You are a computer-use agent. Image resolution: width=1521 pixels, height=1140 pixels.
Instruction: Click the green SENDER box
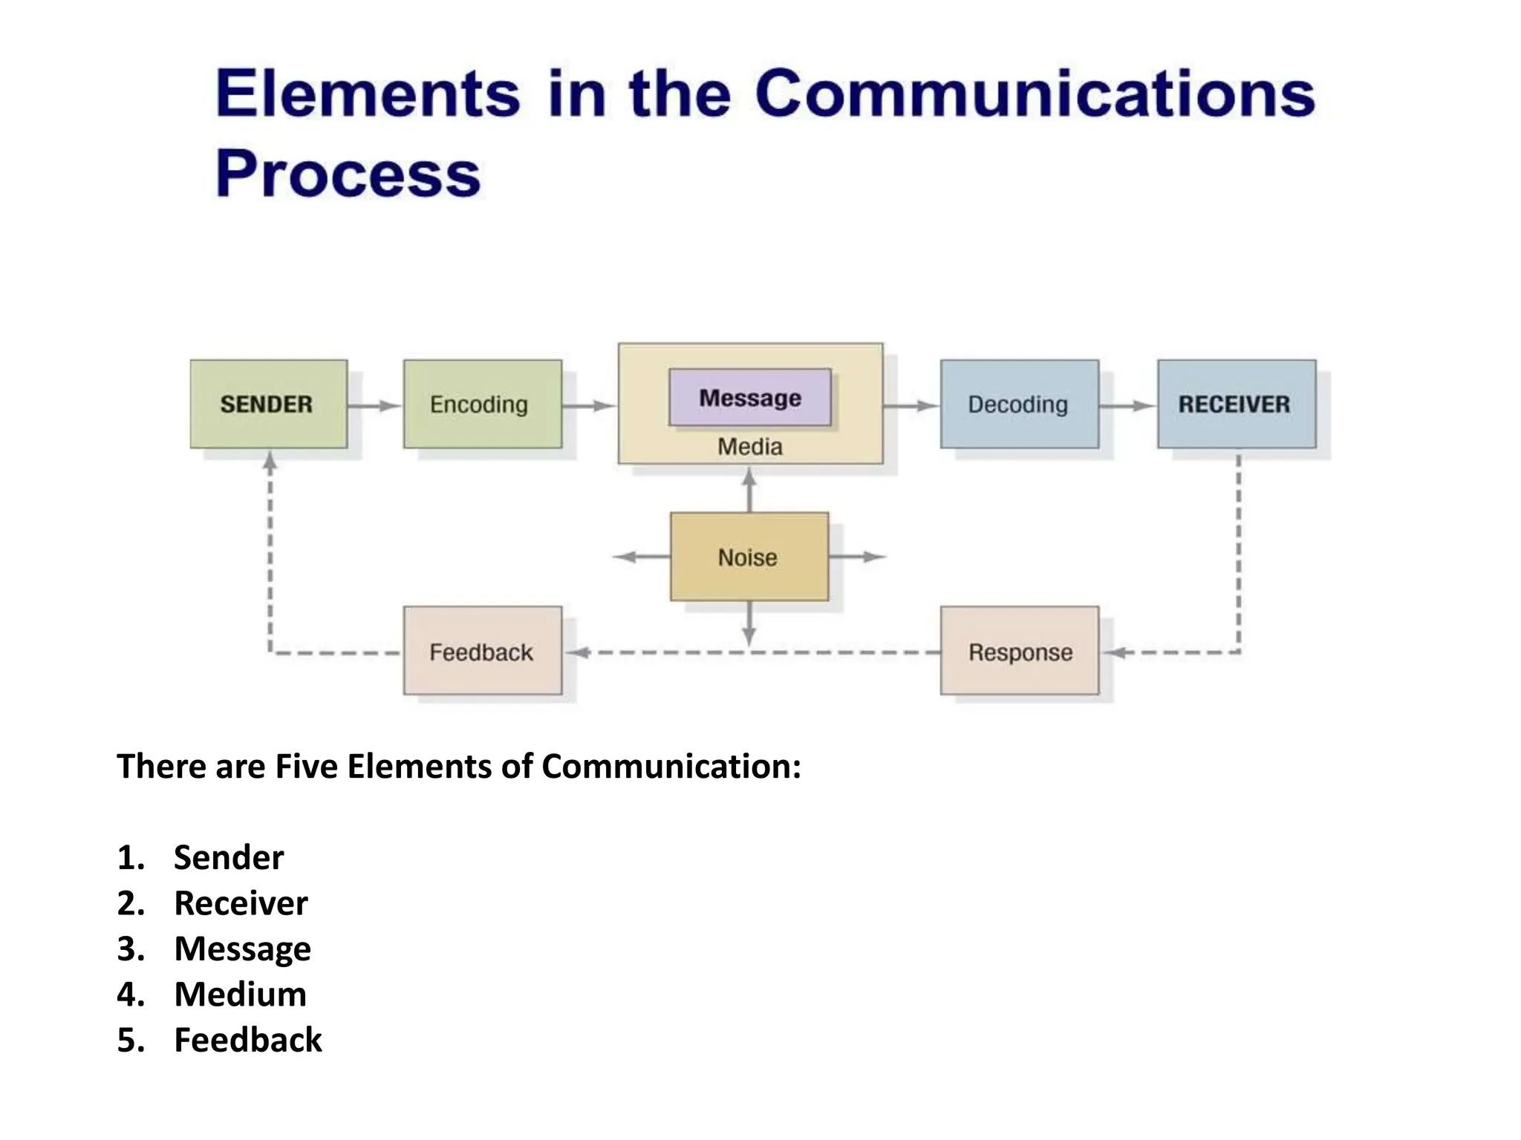coord(268,404)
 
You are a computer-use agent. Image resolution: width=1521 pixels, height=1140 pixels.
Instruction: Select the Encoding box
coord(482,404)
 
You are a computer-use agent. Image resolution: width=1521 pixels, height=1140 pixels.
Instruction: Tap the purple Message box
coord(749,397)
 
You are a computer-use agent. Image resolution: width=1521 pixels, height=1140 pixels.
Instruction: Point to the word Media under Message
coord(749,447)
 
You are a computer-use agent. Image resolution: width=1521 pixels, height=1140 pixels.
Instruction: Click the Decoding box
coord(1019,404)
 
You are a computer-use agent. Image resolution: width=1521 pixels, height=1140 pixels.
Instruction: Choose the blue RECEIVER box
coord(1236,404)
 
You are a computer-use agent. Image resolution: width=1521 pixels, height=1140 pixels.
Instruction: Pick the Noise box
coord(749,557)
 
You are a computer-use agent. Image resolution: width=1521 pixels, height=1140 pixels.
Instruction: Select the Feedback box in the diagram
coord(482,651)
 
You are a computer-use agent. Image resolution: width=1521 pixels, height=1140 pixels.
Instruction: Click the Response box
coord(1019,651)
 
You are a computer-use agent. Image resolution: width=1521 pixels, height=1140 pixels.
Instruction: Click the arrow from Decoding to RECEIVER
coord(1127,405)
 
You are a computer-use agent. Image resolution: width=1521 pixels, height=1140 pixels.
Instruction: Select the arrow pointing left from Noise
coord(640,557)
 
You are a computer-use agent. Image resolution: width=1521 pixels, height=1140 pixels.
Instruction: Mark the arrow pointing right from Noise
coord(859,557)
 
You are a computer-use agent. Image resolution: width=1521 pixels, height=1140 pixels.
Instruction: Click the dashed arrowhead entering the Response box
coord(1114,652)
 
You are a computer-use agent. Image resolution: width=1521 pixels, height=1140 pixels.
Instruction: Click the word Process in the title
coord(348,174)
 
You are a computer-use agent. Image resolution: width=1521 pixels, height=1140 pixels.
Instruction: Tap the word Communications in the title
coord(1035,94)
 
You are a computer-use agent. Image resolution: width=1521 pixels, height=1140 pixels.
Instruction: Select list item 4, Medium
coord(240,994)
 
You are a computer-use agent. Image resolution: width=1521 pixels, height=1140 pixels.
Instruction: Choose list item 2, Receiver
coord(240,902)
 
